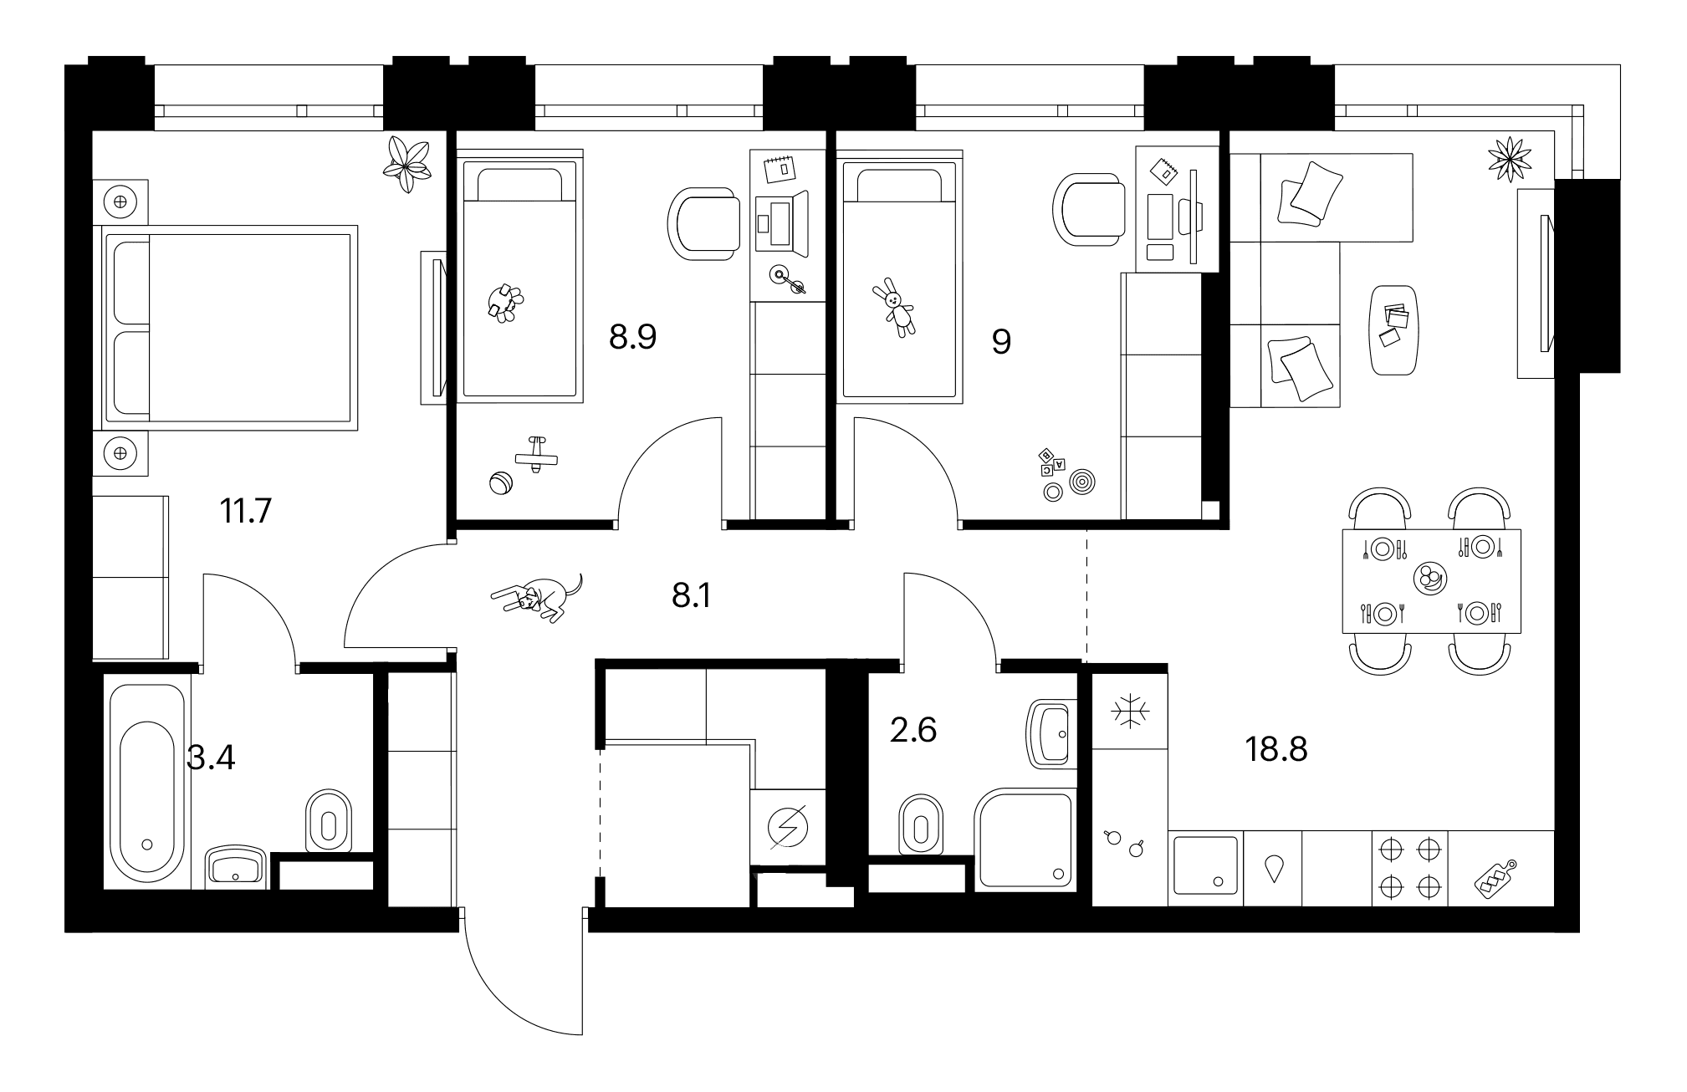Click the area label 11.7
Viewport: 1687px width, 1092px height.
(x=245, y=509)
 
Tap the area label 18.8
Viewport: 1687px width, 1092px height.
(x=1275, y=750)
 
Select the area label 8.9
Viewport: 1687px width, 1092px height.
(x=632, y=338)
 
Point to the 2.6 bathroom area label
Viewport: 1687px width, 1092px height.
(x=914, y=731)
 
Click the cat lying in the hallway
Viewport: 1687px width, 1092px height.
(x=537, y=597)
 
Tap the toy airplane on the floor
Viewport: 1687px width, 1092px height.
(x=535, y=455)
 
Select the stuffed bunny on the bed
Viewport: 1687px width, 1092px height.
(x=896, y=308)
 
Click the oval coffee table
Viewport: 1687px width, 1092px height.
(x=1394, y=330)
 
